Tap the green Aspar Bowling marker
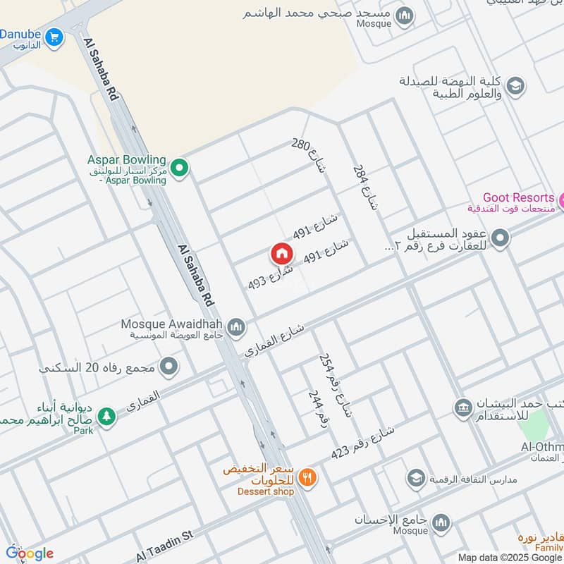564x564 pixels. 180,168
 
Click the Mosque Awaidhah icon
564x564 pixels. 236,326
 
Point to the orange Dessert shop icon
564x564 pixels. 307,477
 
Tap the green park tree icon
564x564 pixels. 106,417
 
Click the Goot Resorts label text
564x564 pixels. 518,198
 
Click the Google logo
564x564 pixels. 30,553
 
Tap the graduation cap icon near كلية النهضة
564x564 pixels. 515,86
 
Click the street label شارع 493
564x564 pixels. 266,277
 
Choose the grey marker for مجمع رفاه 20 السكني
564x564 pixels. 168,366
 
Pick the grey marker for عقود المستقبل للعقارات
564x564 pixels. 501,238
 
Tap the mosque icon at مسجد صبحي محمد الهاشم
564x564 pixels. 405,16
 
